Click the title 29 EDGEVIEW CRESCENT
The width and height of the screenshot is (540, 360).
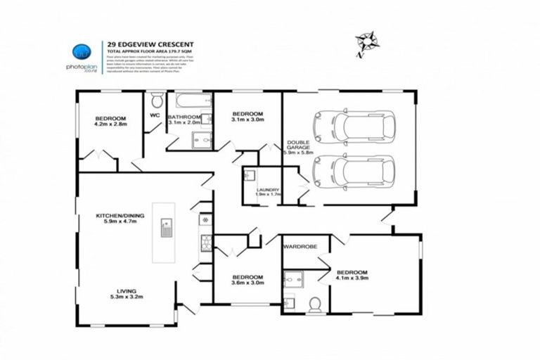click(149, 44)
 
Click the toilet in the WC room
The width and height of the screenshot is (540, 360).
click(155, 100)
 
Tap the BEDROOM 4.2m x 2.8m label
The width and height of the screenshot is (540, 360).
click(110, 122)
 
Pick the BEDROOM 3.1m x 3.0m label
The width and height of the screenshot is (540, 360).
click(247, 117)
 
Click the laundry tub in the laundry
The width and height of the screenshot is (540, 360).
click(250, 176)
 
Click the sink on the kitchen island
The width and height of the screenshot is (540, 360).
click(167, 228)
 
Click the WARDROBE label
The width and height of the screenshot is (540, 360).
click(300, 247)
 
